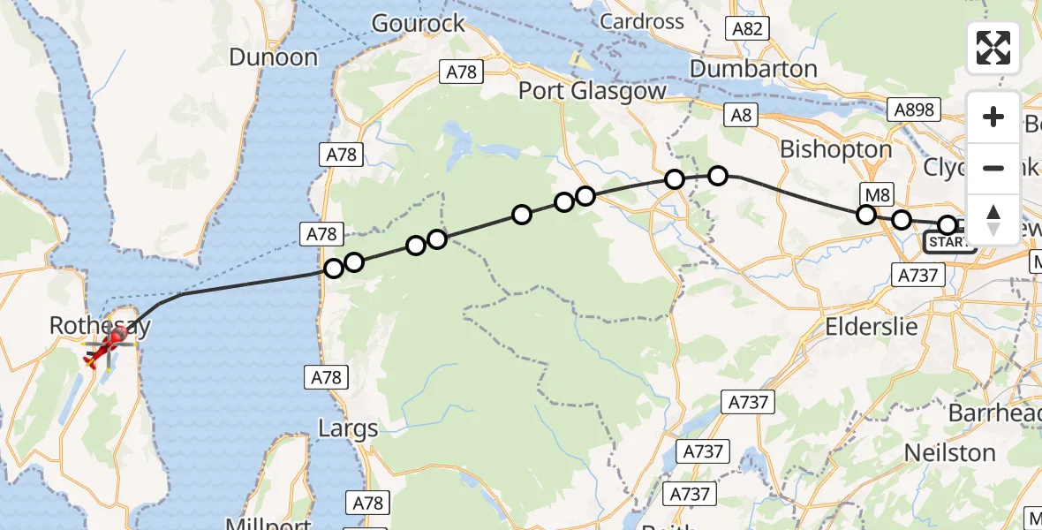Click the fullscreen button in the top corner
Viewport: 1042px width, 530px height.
click(993, 47)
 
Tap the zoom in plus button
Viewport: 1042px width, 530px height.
click(993, 117)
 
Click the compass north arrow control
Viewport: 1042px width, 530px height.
click(993, 220)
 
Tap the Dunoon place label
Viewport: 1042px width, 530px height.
click(273, 57)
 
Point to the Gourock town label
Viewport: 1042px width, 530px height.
click(418, 23)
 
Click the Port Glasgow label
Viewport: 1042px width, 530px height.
click(592, 90)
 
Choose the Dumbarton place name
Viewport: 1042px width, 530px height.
click(753, 68)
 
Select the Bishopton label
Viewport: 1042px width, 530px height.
click(836, 149)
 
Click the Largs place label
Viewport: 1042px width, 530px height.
click(348, 429)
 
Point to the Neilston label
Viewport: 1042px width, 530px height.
click(950, 453)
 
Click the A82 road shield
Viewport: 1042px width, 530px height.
click(747, 29)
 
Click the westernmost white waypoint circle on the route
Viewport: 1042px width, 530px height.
click(334, 269)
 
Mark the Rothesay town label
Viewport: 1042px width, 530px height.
click(100, 326)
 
